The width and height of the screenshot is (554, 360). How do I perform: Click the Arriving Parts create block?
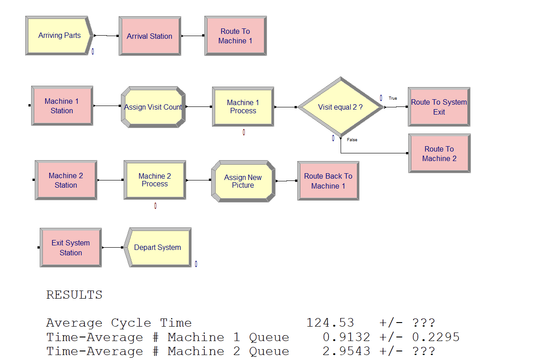click(x=59, y=36)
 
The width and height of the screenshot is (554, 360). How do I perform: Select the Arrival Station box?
click(x=149, y=36)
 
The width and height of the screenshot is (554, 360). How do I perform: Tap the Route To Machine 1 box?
click(x=235, y=36)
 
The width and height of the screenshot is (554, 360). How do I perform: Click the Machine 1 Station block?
click(x=62, y=106)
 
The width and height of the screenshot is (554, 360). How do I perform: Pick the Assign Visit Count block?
click(x=153, y=107)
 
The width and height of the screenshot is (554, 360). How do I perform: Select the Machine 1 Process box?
click(x=243, y=107)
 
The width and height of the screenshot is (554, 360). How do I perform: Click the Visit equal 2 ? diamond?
click(x=340, y=107)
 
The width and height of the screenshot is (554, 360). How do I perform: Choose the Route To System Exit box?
click(x=439, y=107)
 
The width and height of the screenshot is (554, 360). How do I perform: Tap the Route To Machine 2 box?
click(x=439, y=154)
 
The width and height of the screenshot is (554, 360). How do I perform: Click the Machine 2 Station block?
click(x=66, y=180)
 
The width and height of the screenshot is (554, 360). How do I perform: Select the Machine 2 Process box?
click(x=155, y=180)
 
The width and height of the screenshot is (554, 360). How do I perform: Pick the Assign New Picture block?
click(x=243, y=181)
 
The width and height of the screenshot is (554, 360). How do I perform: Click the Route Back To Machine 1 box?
click(x=328, y=181)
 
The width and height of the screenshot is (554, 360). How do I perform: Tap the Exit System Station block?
click(x=71, y=248)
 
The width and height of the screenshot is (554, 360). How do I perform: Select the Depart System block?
click(x=157, y=248)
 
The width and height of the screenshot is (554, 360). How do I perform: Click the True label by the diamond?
click(x=393, y=98)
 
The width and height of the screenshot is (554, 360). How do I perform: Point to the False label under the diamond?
click(x=352, y=140)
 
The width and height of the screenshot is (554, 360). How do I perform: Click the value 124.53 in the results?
click(x=330, y=323)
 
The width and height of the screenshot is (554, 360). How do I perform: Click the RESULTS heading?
click(x=74, y=295)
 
